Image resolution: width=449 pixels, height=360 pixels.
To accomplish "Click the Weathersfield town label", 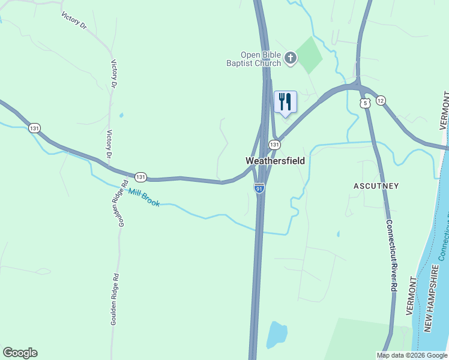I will pos(275,161).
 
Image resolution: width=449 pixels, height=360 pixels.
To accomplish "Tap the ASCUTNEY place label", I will pos(375,186).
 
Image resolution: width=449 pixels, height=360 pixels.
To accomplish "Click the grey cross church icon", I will pos(291,58).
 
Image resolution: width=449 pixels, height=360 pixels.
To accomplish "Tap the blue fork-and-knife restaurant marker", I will pos(285,101).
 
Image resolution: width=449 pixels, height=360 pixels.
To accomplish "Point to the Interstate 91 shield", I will pos(259,188).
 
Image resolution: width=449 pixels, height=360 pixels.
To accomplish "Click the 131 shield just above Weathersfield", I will pos(274,145).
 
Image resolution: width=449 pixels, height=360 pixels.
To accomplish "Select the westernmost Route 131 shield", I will pos(34,128).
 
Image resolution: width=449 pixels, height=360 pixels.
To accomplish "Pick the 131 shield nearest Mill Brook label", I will pos(140,177).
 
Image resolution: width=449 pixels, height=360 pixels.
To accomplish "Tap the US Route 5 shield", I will pos(366,103).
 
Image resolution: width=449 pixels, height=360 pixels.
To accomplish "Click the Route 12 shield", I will pos(381,100).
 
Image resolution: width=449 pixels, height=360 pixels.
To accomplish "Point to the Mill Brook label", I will pos(144,197).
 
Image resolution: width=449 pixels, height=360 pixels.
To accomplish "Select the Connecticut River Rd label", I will pos(391,256).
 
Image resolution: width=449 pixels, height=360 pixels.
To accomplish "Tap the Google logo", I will pos(20,353).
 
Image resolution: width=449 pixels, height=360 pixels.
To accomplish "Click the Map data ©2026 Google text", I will pos(412,355).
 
